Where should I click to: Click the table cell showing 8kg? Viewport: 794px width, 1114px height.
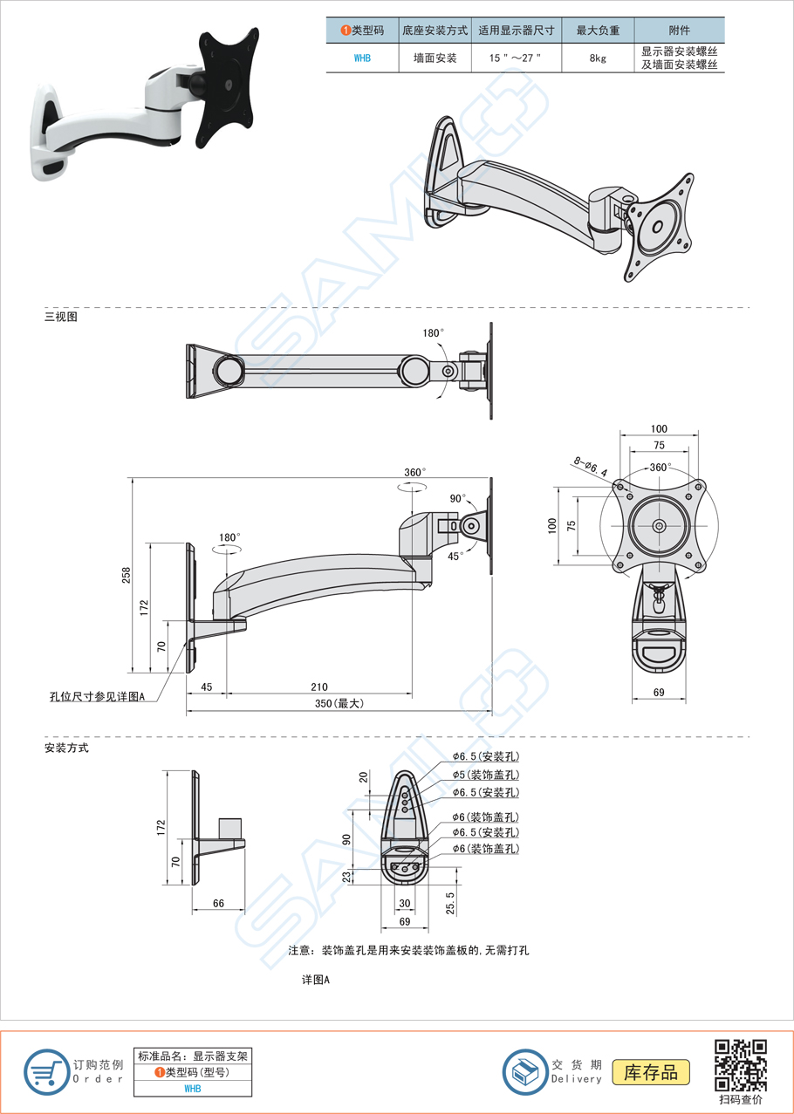[598, 58]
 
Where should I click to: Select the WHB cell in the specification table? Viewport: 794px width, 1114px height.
[362, 58]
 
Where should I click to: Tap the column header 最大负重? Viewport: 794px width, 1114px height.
[598, 30]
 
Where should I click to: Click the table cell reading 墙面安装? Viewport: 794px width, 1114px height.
[435, 58]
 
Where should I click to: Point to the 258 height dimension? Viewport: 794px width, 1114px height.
[126, 575]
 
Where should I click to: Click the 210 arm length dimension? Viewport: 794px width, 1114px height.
[319, 687]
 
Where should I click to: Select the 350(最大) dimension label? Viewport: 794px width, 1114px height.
[339, 704]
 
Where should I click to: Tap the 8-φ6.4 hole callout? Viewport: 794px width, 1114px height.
[590, 465]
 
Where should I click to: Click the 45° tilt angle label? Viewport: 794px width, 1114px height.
[455, 556]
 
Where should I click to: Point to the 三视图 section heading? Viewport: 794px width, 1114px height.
[61, 317]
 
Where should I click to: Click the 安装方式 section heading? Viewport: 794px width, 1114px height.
[66, 748]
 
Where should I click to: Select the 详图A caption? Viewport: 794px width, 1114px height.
[316, 980]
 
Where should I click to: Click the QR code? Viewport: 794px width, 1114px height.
[741, 1065]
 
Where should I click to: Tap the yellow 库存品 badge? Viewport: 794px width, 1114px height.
[651, 1072]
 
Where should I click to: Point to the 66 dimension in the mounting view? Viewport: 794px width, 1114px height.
[218, 903]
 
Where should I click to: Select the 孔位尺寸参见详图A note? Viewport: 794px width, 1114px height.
[97, 697]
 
